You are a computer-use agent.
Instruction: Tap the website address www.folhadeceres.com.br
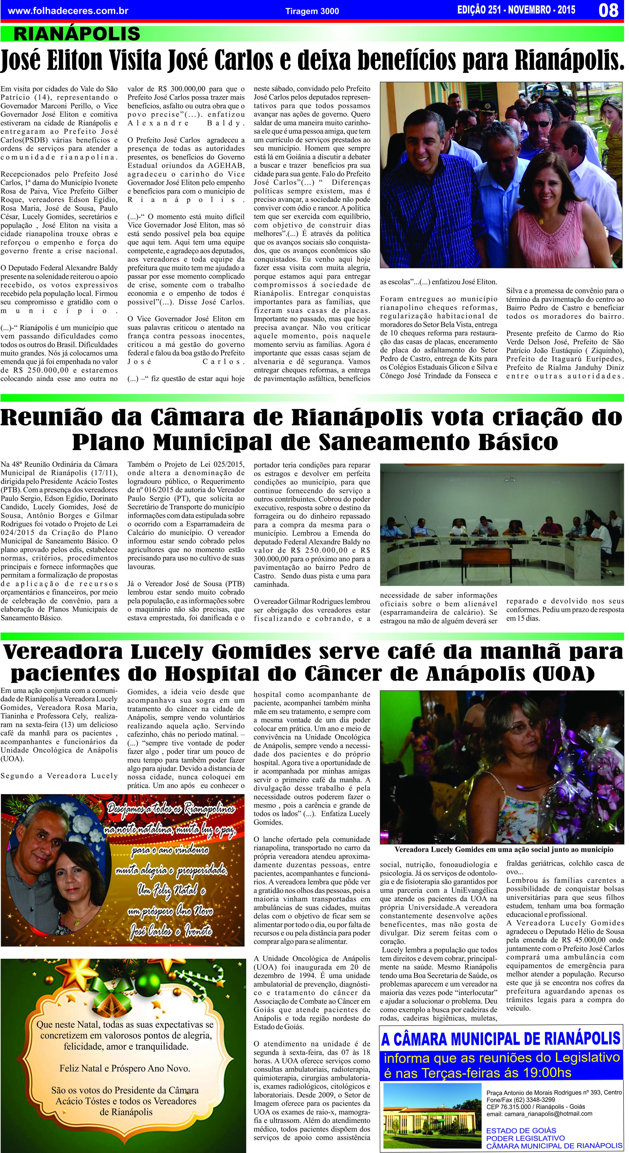(68, 10)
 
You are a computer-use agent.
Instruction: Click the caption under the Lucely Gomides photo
(504, 849)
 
